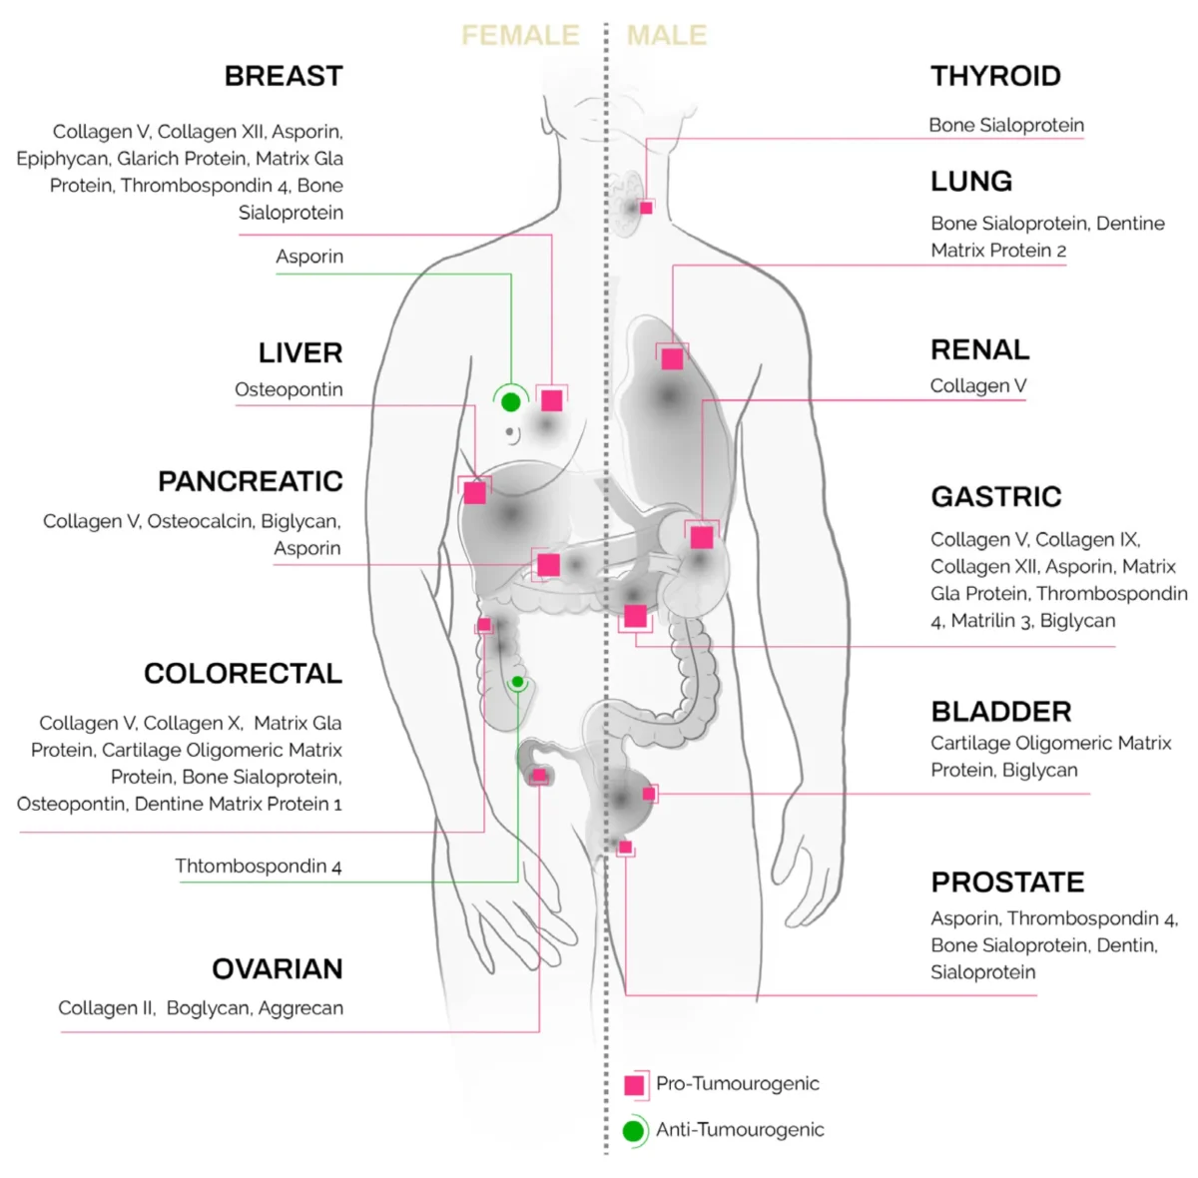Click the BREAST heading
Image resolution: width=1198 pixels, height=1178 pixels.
coord(284,76)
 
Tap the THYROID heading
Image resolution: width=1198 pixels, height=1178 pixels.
coord(995,76)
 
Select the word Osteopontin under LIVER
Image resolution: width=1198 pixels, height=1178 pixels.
coord(289,389)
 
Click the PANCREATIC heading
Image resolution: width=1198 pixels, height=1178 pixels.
coord(250,481)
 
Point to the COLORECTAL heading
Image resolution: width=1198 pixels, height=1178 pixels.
coord(243,673)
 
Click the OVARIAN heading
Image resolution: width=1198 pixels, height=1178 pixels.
coord(278,968)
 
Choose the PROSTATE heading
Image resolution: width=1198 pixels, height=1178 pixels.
coord(1007,882)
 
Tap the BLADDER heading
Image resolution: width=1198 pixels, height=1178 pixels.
coord(1001,712)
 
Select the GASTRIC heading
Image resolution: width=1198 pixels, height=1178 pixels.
coord(996,496)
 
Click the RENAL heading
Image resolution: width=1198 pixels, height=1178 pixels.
coord(979,349)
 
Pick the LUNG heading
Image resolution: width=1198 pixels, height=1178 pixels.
coord(971,181)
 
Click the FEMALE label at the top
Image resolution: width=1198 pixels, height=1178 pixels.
coord(520,35)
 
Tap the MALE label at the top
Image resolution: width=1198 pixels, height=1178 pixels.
coord(667,35)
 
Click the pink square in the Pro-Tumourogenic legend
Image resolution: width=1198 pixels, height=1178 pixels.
coord(634,1085)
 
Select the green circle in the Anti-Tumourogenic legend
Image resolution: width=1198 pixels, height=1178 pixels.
coord(633,1130)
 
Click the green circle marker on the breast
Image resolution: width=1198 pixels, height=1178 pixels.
coord(510,402)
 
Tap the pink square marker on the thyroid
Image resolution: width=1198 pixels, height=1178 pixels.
coord(647,208)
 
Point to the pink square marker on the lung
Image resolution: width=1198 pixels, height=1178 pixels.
coord(672,358)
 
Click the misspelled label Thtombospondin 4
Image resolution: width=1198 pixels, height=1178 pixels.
coord(258,866)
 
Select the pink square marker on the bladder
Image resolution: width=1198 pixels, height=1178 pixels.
coord(649,794)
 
